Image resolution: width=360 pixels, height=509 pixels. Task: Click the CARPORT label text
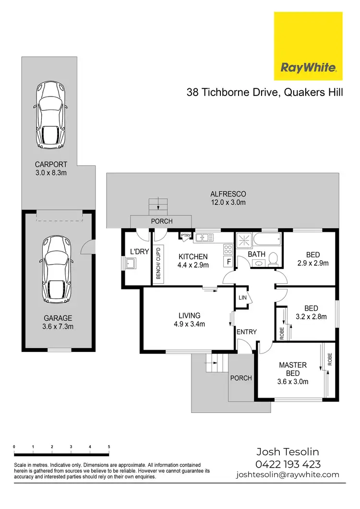coord(51,164)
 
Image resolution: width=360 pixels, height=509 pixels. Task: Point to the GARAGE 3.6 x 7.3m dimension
coord(58,327)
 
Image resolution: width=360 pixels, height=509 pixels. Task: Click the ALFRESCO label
coord(228,194)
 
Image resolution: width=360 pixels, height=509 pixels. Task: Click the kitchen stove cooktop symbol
coord(228,249)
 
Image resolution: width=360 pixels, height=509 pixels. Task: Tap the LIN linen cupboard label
coord(242,298)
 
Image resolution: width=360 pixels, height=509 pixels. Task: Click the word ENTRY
coord(247,332)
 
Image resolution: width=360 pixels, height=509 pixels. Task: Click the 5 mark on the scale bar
coord(109,447)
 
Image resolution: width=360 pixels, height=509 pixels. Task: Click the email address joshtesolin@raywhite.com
coord(288,475)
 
